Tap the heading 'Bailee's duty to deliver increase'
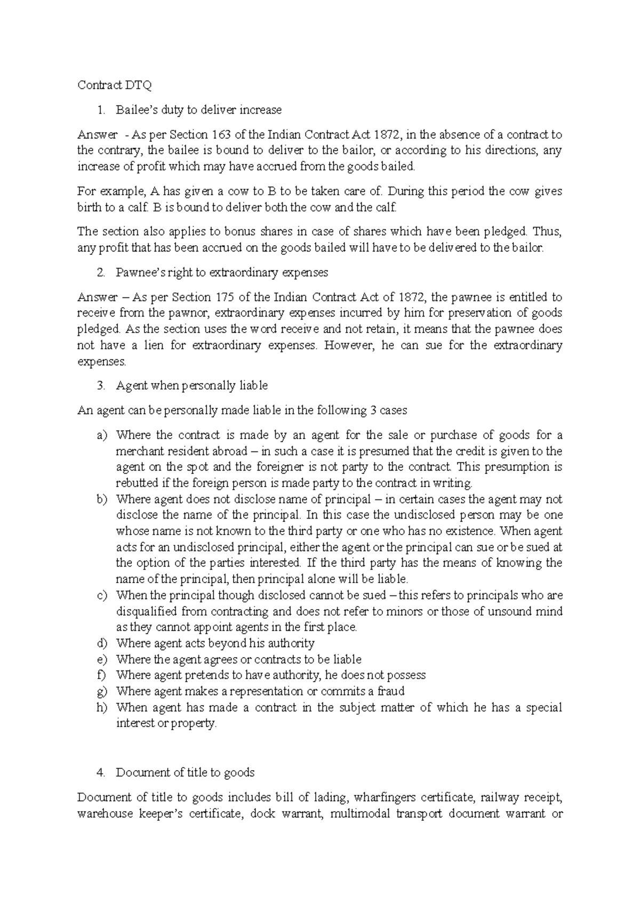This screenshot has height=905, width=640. tap(198, 110)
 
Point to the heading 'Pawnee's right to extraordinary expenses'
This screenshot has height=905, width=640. tap(222, 272)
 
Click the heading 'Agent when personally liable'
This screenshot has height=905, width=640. tap(191, 385)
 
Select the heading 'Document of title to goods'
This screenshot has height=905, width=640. tap(185, 772)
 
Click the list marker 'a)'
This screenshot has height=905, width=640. tap(102, 435)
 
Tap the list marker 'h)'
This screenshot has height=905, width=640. tap(102, 708)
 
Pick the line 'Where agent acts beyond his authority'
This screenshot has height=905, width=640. tap(215, 643)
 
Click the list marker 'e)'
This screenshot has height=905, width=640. tap(102, 660)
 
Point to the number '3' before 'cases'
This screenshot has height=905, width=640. tap(372, 410)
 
